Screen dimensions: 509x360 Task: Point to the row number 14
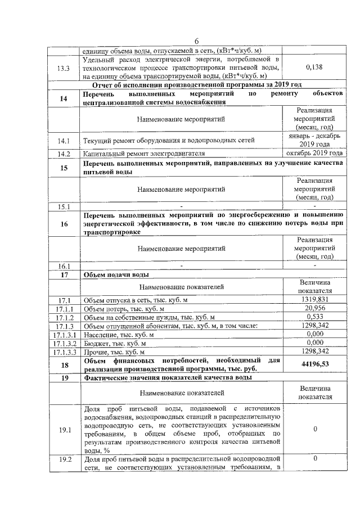64,98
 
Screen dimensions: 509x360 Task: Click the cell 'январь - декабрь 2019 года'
315,140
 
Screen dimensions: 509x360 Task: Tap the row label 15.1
64,206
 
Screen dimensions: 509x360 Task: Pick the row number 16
64,223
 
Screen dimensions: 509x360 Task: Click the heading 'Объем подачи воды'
116,274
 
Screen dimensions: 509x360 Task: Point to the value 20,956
315,309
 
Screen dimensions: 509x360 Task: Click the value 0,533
315,317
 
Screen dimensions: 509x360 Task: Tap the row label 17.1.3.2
64,343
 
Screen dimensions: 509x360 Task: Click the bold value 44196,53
315,364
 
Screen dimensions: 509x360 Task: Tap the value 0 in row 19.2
315,459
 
